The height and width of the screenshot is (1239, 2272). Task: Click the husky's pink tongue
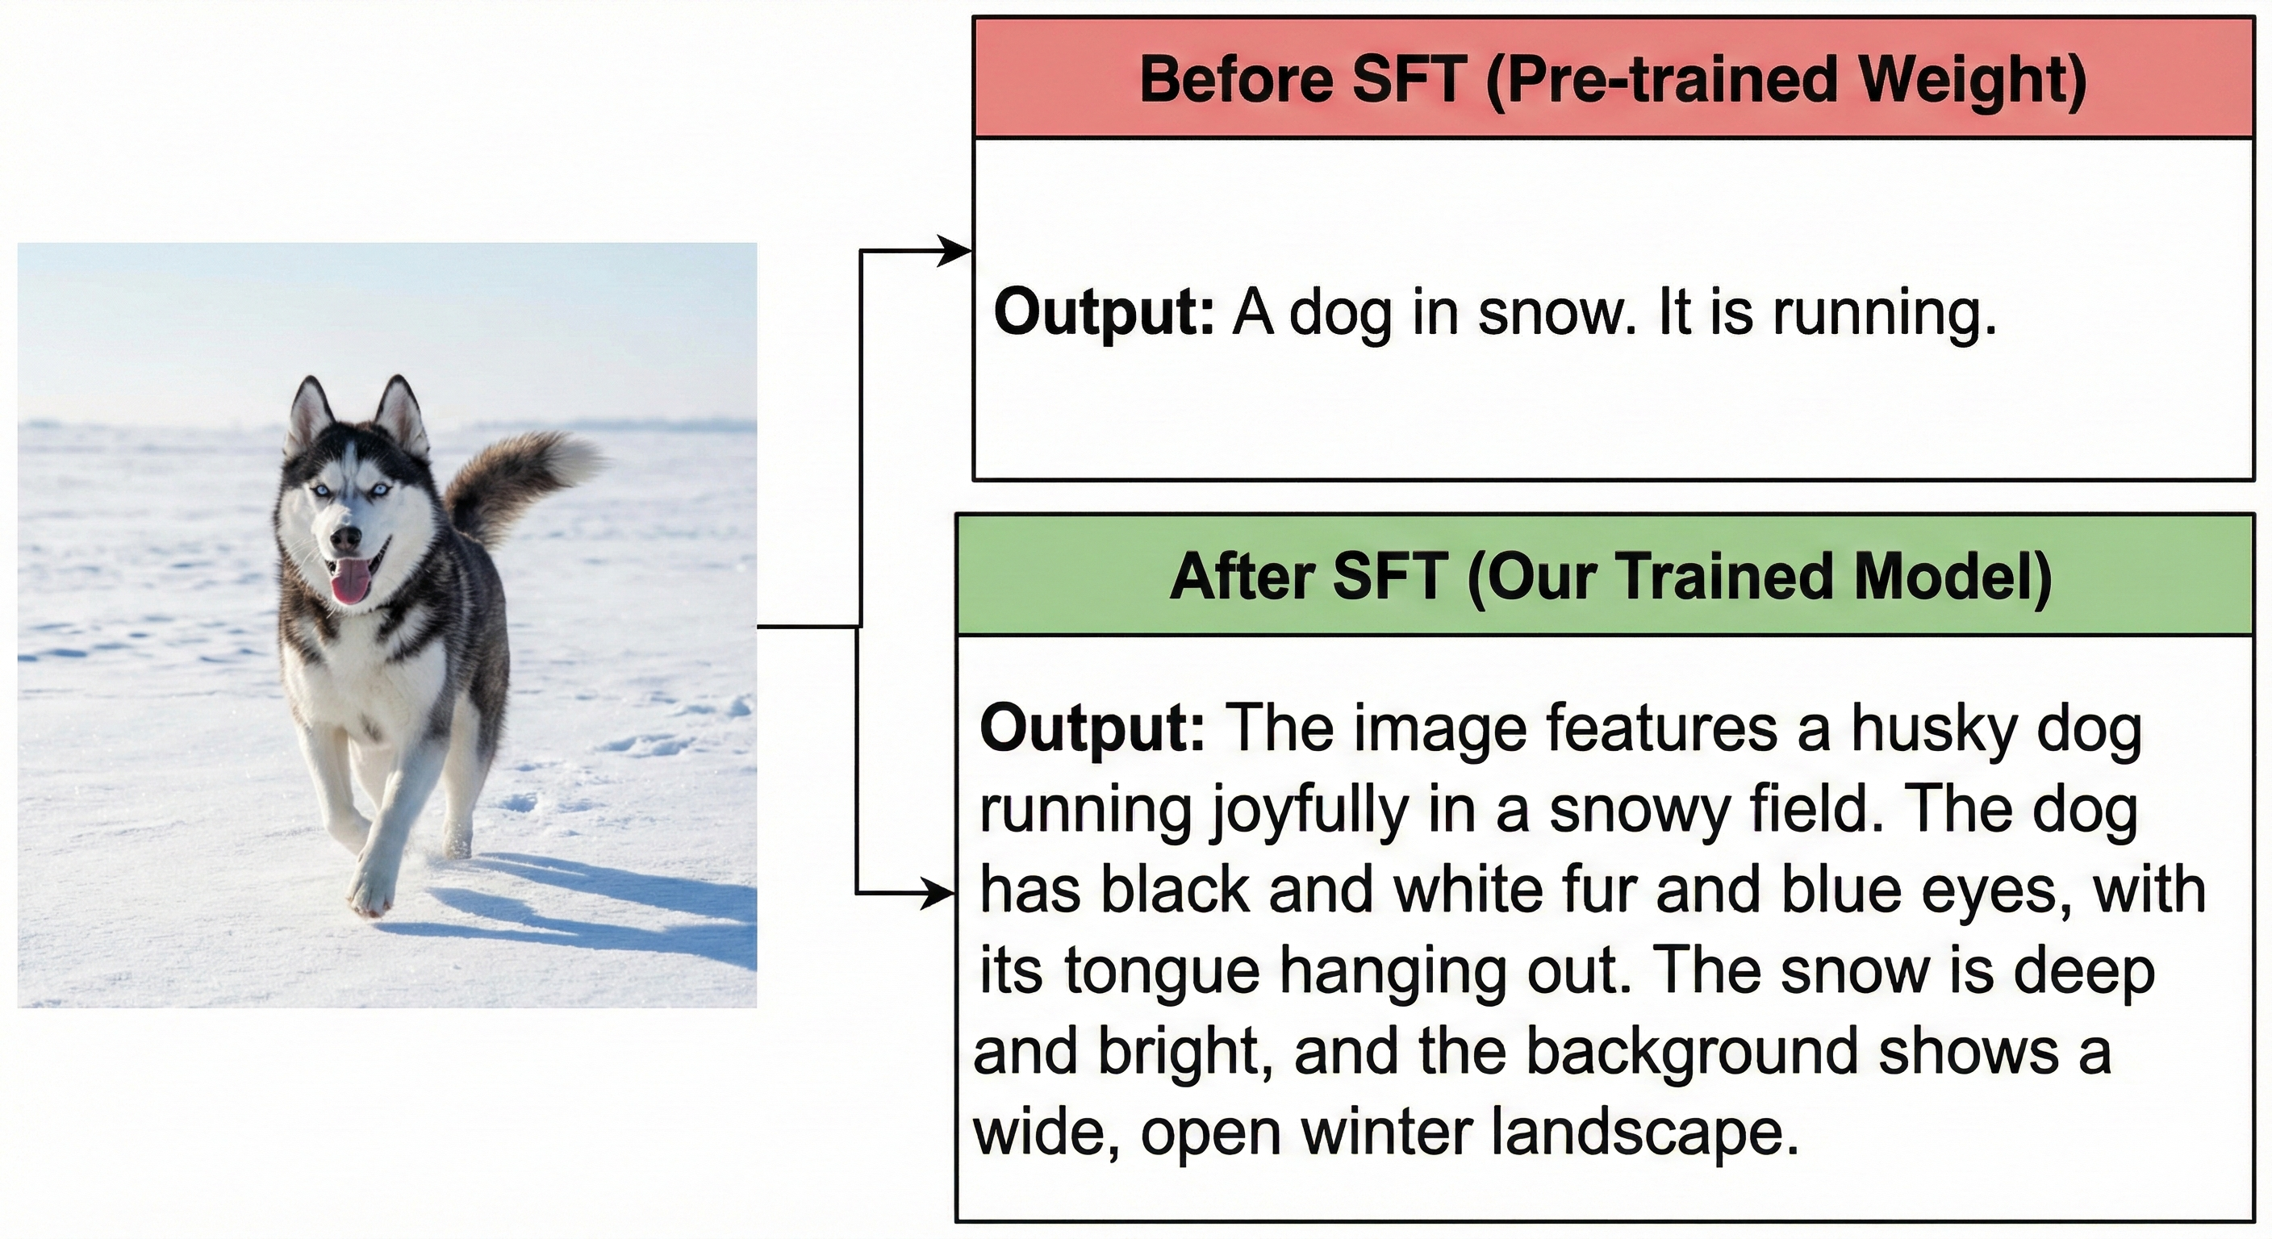(x=351, y=580)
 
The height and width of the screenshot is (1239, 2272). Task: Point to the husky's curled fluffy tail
(x=520, y=481)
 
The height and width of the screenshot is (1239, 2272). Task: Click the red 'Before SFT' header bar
(x=1613, y=77)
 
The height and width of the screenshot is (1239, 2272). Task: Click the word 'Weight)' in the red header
(x=1972, y=80)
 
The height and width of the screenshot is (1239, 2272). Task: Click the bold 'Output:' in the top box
(x=1105, y=314)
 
